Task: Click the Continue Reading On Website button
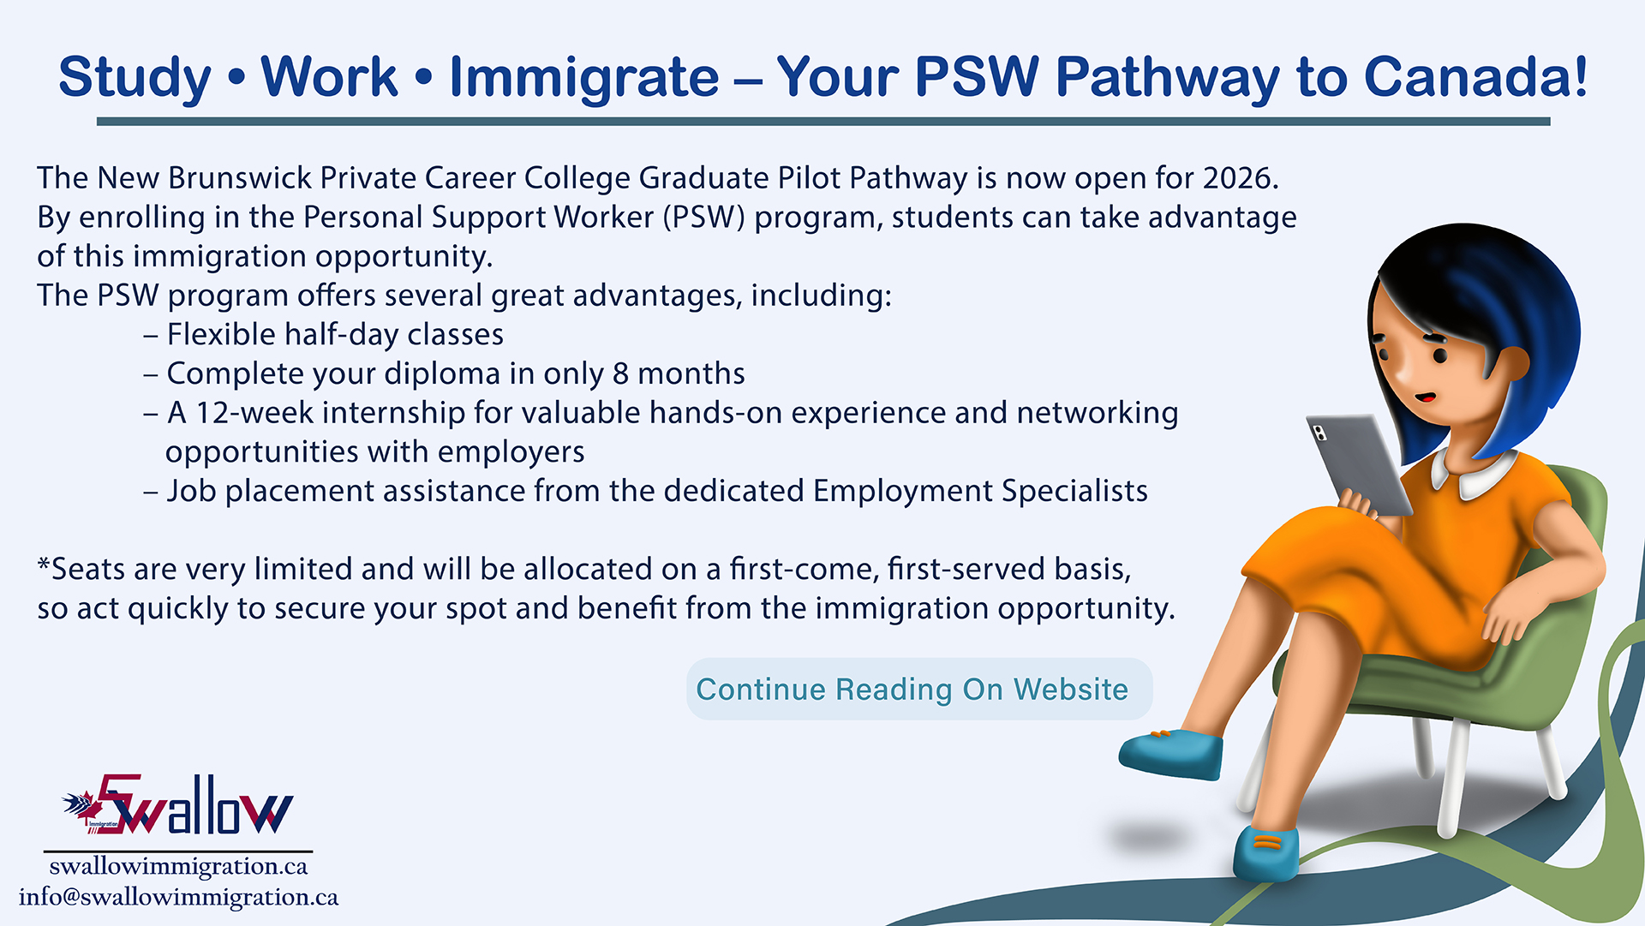919,689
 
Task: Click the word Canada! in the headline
1475,77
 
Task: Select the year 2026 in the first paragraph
1241,178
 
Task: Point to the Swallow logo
177,805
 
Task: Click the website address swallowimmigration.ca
178,866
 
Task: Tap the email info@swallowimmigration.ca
178,897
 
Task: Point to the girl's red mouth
1425,397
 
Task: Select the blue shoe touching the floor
1266,853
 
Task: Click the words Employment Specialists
980,492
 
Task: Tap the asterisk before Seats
44,565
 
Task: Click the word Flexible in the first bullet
221,334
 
